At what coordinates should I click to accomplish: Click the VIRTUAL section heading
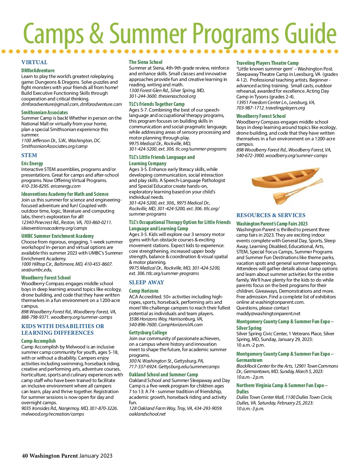34,62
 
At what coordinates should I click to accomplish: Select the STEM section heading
29,155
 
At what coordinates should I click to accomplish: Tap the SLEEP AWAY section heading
146,282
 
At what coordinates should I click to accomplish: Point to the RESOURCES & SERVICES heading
271,215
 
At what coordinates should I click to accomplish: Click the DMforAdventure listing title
38,70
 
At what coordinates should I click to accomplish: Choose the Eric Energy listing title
32,163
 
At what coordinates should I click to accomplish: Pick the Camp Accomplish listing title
38,341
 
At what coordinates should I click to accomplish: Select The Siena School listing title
145,62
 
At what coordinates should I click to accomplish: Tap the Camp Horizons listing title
143,291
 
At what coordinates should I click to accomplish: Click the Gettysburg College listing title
148,333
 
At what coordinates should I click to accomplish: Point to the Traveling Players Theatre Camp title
267,63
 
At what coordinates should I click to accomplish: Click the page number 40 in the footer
25,456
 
